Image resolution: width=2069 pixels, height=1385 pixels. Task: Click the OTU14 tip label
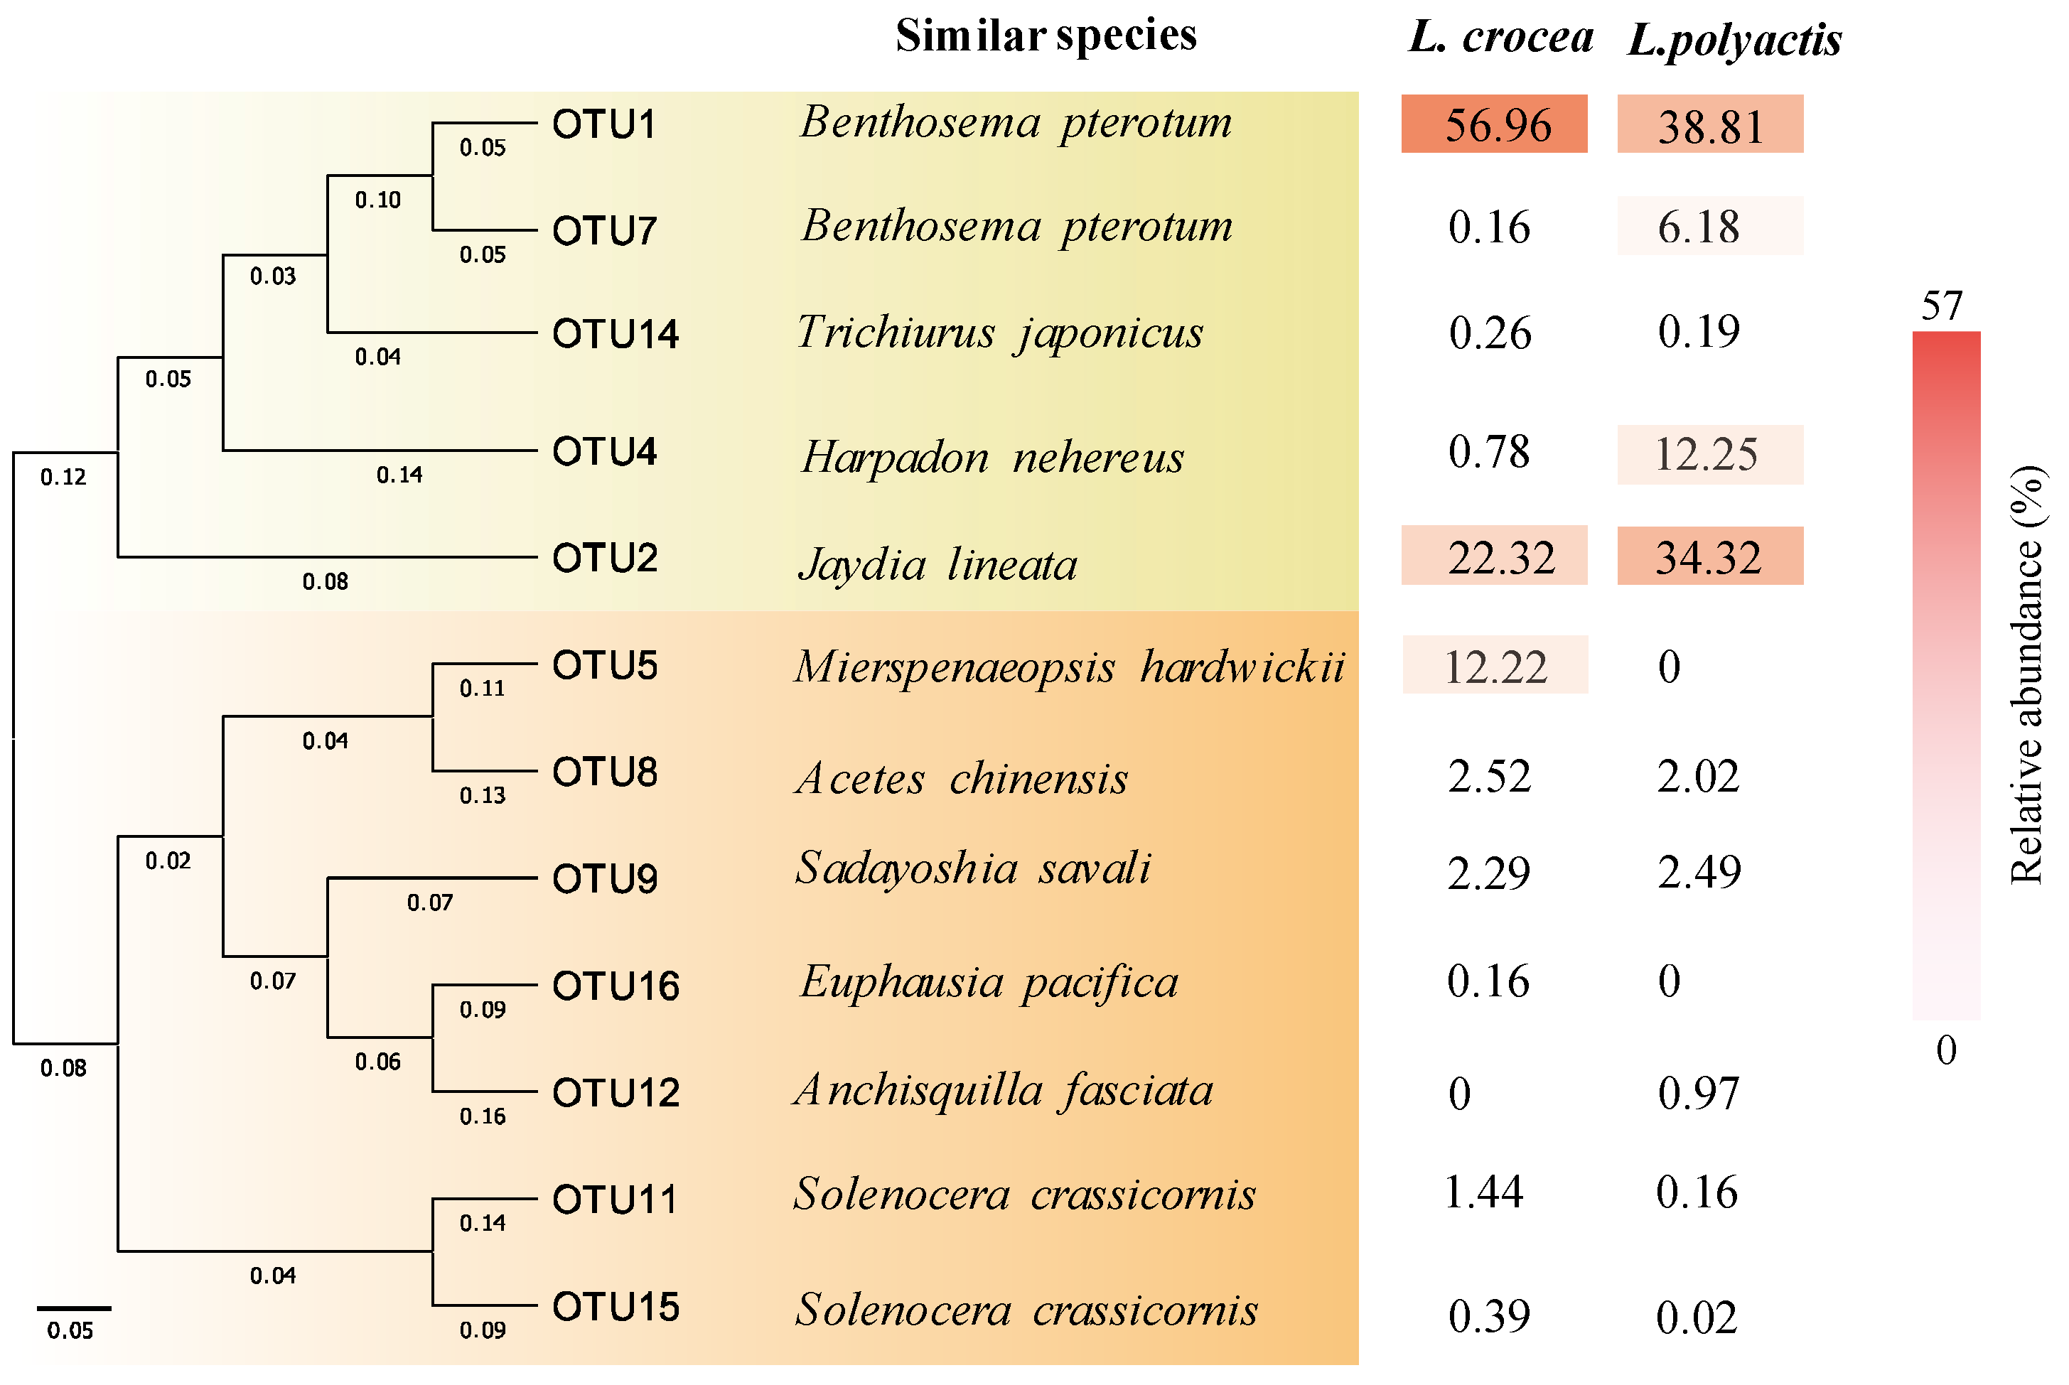[615, 334]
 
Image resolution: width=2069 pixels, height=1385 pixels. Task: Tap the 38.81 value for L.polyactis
[1709, 126]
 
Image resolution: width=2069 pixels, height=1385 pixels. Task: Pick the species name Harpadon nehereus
[991, 458]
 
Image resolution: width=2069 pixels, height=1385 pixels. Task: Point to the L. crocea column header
[1500, 38]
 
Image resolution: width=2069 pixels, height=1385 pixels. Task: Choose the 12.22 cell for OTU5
[1495, 666]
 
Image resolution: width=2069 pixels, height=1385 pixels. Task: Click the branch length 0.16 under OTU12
[483, 1116]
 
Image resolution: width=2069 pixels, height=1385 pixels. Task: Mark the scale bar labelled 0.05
[73, 1308]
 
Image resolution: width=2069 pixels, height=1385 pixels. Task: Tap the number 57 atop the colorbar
[1941, 306]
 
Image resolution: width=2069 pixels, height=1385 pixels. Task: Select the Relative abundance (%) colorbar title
[2026, 675]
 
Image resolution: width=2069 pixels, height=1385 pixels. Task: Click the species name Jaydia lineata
[937, 564]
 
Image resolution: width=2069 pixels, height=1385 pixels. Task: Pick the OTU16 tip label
[615, 986]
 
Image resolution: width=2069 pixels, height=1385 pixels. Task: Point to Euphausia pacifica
[989, 982]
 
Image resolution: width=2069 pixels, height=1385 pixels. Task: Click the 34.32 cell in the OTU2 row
[1709, 556]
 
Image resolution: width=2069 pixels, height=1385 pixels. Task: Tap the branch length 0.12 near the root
[63, 478]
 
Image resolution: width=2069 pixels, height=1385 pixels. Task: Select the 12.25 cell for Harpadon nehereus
[1709, 455]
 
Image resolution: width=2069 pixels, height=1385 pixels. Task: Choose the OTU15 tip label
[615, 1308]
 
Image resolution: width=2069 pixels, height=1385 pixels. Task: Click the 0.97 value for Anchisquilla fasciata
[1698, 1094]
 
